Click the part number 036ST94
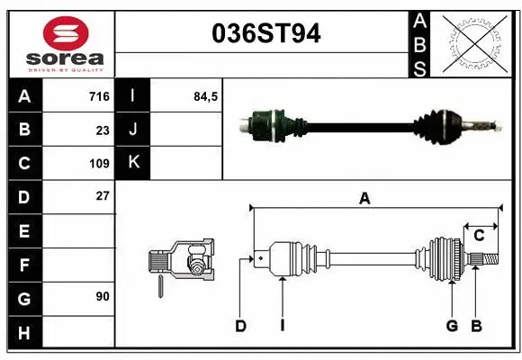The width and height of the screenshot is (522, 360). pos(265,34)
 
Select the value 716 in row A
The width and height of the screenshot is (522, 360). pos(99,96)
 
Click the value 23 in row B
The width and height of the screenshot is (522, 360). pos(103,130)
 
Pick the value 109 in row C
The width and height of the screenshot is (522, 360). pos(99,164)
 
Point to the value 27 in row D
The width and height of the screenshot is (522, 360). pos(103,195)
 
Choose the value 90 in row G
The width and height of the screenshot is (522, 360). pos(103,296)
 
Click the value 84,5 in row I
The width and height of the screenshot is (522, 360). pos(206,96)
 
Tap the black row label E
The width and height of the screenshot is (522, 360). pos(24,231)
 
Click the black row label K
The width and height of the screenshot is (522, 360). pos(133,163)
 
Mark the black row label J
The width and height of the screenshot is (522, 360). pos(133,130)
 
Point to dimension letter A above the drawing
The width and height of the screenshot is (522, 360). pos(364,199)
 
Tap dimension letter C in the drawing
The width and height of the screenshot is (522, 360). pos(479,235)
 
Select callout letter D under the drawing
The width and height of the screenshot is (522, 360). pos(240,326)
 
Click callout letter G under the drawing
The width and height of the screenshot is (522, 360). pos(452,326)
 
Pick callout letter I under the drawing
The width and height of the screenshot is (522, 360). pos(282,326)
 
